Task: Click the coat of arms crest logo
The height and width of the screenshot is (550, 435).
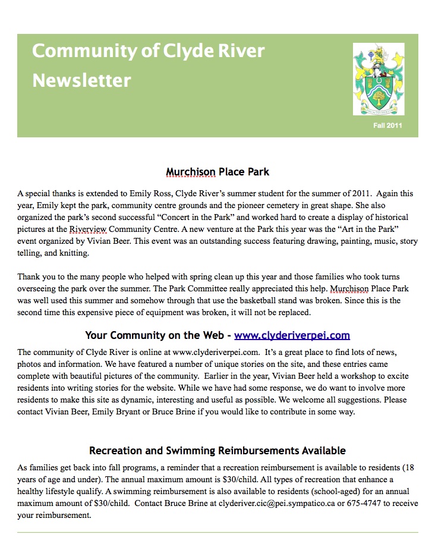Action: click(379, 79)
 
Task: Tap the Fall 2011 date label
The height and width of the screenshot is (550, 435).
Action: click(387, 125)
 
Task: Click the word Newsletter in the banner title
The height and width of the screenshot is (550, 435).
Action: click(81, 80)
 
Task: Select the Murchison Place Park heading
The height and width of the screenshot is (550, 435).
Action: click(218, 172)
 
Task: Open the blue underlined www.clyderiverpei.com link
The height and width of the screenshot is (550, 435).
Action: click(292, 335)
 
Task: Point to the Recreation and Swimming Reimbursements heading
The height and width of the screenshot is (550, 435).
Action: click(218, 451)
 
